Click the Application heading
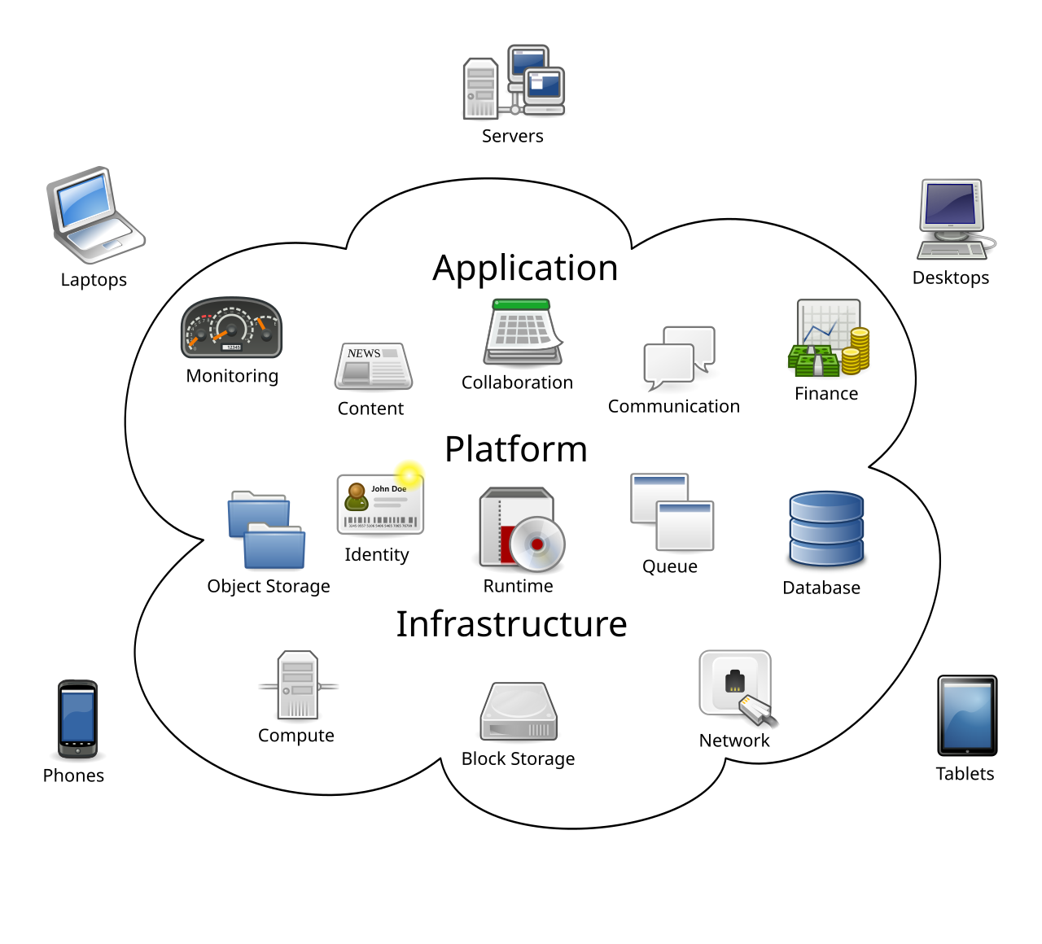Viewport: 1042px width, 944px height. point(525,269)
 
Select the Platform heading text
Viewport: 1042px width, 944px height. point(515,449)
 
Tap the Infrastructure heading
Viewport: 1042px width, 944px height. point(511,624)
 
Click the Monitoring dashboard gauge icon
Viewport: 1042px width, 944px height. point(231,328)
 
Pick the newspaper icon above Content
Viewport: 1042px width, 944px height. point(373,366)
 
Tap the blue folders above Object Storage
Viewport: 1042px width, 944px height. point(266,530)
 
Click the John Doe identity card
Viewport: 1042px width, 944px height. point(380,505)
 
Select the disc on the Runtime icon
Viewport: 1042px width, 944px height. point(537,543)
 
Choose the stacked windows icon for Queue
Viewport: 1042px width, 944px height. point(672,513)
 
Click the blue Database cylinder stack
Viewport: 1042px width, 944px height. point(825,529)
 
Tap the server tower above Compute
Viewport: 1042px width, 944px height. point(297,685)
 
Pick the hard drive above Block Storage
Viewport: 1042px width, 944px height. point(519,712)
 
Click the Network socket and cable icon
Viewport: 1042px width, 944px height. point(737,688)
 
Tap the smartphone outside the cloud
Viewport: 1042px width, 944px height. point(77,719)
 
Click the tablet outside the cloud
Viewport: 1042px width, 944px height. point(967,715)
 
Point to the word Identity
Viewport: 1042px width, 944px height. point(376,555)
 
